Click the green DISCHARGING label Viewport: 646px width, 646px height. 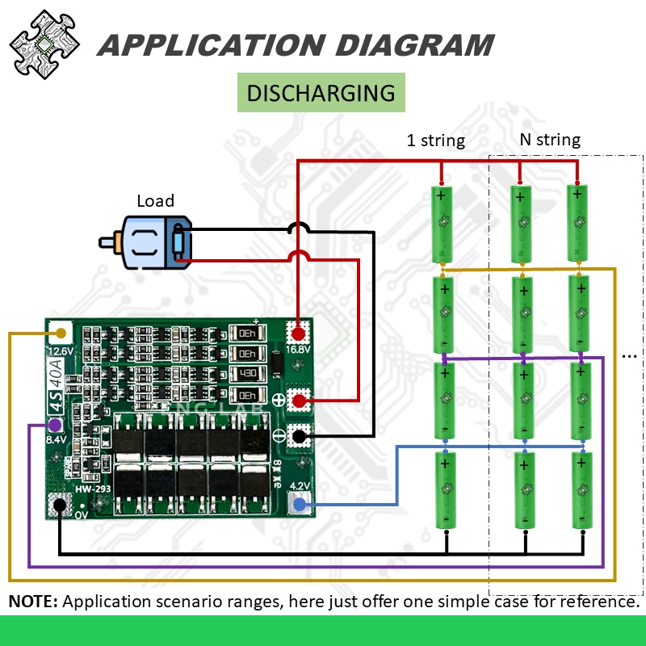point(321,92)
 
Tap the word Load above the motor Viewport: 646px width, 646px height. point(155,201)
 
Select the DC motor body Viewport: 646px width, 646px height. point(149,242)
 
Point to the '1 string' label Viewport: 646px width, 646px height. point(435,141)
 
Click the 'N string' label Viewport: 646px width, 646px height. point(549,140)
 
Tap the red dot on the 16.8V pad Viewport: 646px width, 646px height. point(299,333)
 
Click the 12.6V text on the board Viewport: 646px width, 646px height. point(62,351)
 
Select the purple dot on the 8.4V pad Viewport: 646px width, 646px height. point(55,425)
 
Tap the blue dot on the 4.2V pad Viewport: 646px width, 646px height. point(300,505)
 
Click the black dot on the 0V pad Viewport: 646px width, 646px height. point(58,506)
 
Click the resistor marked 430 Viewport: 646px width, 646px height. point(247,375)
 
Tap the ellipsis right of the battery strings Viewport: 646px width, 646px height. point(631,353)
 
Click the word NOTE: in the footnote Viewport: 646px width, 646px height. point(33,602)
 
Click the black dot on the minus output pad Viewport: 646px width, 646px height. point(300,437)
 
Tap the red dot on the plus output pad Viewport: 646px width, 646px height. point(300,400)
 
